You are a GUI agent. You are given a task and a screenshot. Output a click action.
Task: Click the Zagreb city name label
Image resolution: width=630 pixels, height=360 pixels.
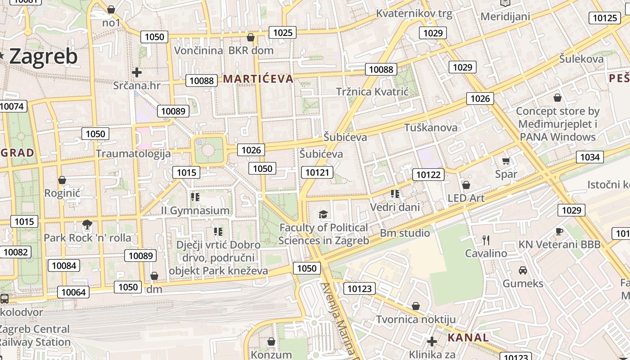tap(43, 57)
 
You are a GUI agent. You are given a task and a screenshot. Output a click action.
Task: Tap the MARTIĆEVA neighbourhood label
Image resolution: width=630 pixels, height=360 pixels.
tap(258, 79)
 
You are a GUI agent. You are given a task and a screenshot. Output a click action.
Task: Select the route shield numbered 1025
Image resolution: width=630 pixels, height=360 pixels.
tap(283, 32)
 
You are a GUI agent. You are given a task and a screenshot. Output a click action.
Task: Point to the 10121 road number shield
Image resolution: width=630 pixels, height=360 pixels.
tap(317, 172)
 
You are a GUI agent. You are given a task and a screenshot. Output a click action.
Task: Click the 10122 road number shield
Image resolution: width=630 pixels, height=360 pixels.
tap(428, 175)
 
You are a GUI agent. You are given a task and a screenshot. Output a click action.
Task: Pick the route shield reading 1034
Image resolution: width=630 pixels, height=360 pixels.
tap(589, 157)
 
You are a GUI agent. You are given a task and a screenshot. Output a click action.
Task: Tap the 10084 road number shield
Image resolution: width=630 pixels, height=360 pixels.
tap(64, 265)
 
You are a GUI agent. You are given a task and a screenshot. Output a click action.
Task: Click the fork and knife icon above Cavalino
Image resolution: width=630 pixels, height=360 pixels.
tap(486, 240)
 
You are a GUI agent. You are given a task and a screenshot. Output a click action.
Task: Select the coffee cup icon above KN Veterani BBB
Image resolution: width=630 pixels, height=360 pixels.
tap(559, 231)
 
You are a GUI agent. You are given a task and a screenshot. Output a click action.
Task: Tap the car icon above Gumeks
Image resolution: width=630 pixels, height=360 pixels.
tap(523, 270)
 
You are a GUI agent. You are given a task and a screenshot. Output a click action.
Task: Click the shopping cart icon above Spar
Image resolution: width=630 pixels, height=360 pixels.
tap(506, 161)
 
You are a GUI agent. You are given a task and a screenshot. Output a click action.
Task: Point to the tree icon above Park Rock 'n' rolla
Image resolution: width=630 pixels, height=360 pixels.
tap(87, 224)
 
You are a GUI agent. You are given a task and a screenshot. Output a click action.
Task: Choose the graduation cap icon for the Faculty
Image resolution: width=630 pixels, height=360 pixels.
tap(323, 214)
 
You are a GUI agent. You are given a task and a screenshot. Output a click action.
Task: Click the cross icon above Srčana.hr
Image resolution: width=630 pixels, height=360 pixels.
tap(137, 72)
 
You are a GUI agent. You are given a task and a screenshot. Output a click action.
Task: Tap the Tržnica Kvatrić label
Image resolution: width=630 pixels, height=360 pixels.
tap(372, 92)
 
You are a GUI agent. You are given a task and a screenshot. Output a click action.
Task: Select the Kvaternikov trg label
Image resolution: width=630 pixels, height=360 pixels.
tap(414, 13)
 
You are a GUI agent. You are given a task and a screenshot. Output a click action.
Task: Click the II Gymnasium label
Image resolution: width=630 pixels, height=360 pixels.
tap(195, 211)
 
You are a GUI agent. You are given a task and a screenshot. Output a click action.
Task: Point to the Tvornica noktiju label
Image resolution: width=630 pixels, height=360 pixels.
tap(416, 319)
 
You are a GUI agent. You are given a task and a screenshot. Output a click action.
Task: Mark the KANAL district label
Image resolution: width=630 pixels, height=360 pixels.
tap(468, 337)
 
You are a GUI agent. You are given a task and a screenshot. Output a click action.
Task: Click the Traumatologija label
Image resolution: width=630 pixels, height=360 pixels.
tap(133, 153)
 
